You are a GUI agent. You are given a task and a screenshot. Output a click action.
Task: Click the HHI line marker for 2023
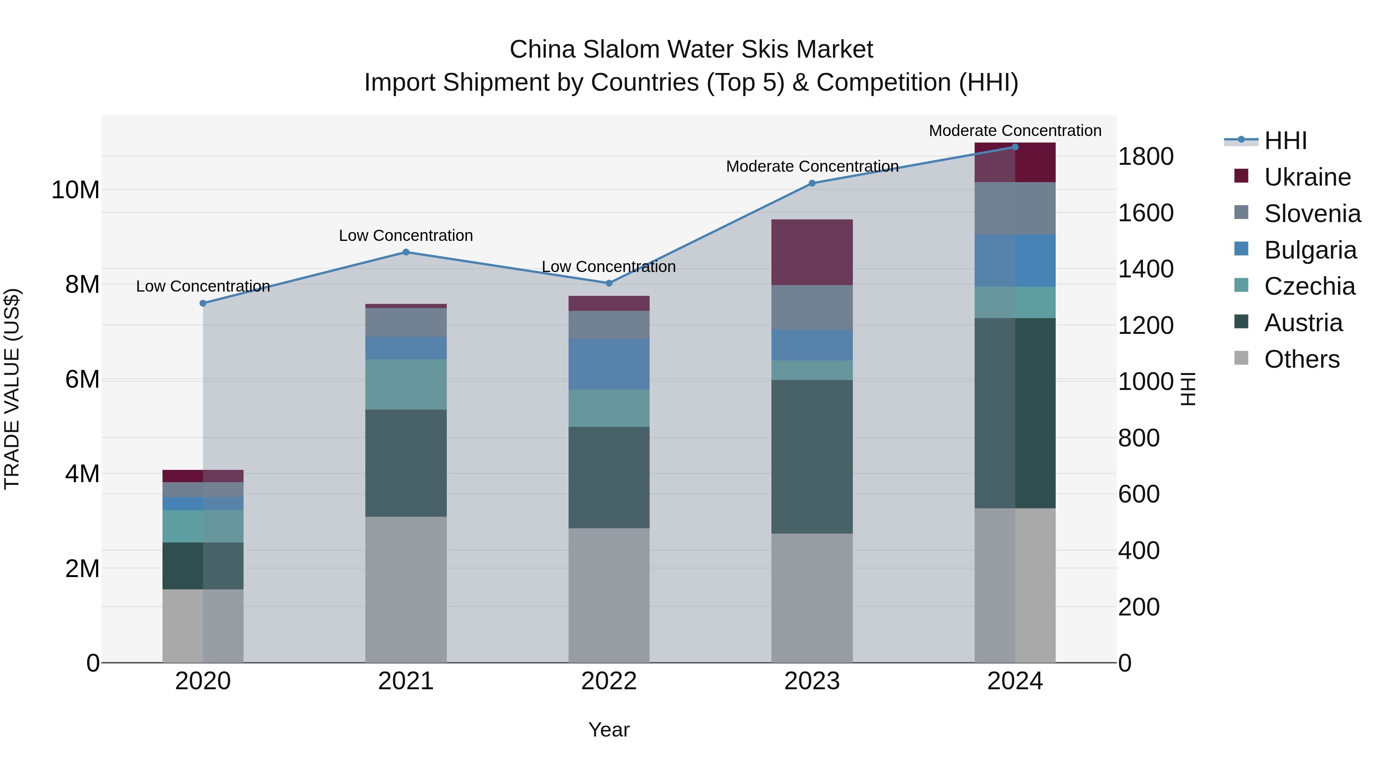tap(812, 183)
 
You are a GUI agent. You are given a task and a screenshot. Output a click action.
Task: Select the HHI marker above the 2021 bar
tap(406, 252)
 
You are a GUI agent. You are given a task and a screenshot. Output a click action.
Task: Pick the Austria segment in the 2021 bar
tap(406, 463)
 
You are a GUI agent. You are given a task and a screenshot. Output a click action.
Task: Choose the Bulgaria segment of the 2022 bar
tap(609, 364)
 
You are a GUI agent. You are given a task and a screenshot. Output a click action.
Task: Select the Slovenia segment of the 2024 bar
tap(1015, 208)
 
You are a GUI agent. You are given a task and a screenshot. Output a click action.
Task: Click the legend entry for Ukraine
tap(1307, 177)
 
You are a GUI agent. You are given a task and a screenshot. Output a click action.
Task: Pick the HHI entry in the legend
tap(1285, 141)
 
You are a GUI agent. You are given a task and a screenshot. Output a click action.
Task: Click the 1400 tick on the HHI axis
tap(1146, 269)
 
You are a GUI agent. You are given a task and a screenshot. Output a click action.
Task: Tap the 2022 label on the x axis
tap(609, 681)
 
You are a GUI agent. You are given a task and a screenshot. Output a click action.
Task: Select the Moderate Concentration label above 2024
tap(1015, 131)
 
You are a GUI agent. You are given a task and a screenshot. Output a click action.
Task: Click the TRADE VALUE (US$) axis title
tap(12, 389)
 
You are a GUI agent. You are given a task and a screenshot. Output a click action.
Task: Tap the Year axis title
tap(609, 730)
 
